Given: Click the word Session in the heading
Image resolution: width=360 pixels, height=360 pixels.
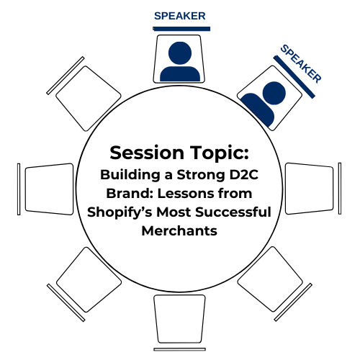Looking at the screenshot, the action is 147,153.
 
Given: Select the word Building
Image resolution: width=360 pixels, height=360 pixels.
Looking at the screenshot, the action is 130,175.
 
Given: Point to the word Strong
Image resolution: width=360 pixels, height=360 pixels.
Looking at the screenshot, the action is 201,175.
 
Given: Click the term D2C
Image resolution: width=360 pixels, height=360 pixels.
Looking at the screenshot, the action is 244,174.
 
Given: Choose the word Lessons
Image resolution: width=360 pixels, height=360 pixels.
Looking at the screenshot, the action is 185,193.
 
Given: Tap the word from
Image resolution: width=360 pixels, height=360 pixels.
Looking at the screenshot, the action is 235,193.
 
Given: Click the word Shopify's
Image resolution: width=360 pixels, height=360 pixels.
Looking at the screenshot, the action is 120,213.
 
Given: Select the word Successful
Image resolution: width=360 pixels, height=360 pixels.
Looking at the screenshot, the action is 233,212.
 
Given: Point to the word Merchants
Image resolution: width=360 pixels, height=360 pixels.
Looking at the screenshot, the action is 179,231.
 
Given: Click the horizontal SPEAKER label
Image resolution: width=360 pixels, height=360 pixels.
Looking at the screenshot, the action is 180,16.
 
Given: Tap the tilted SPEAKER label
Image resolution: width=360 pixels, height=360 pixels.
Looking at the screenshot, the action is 301,63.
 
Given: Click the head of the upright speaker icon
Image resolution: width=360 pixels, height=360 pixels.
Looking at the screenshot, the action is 180,53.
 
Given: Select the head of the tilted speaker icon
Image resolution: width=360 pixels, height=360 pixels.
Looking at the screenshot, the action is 274,93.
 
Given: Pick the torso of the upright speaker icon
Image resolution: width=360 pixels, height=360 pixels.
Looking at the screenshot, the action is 180,73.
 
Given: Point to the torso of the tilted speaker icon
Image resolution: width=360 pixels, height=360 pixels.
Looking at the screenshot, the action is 258,109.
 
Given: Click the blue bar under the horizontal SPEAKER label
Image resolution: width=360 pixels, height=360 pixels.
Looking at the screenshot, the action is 181,29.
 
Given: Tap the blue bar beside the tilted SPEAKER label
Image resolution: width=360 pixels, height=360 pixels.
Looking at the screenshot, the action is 294,77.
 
